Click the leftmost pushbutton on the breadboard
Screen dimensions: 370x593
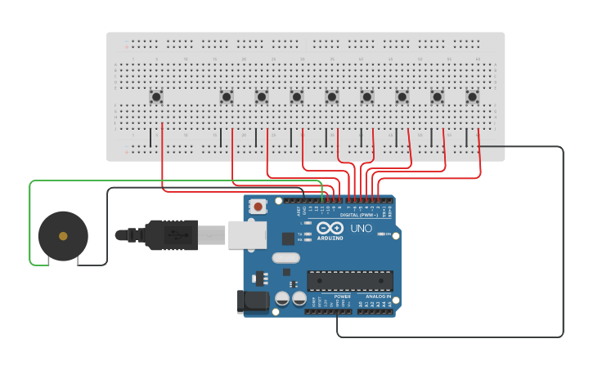coord(156,97)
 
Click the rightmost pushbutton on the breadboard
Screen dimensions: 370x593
coord(472,97)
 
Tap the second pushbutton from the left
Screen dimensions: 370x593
coord(227,97)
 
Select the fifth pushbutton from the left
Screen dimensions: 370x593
coord(331,97)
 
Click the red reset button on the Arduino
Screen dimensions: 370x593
coord(258,207)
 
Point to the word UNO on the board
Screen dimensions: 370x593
coord(361,229)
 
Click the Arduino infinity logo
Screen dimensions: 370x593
coord(330,228)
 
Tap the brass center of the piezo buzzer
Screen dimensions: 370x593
coord(63,236)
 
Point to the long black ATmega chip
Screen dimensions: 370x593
coord(349,280)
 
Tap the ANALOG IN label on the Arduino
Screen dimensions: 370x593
coord(377,296)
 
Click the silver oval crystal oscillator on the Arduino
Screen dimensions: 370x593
coord(286,258)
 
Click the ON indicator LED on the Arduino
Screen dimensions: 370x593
coord(383,234)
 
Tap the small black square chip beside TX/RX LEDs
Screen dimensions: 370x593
coord(288,238)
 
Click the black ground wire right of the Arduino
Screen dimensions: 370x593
coord(563,245)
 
